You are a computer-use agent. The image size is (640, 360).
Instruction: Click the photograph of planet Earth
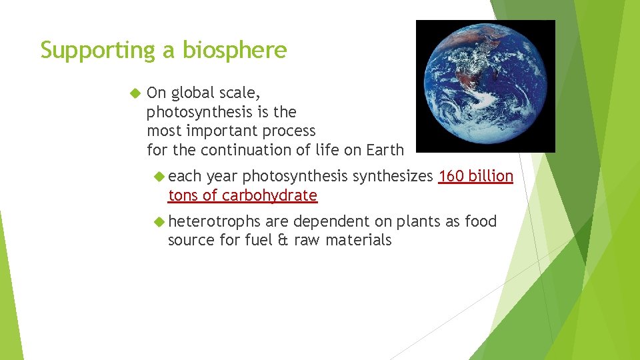(x=485, y=86)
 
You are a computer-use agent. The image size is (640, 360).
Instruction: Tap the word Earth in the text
(x=385, y=150)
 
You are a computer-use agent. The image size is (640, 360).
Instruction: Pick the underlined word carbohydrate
(x=269, y=195)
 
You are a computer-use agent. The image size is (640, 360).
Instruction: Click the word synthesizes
(x=393, y=176)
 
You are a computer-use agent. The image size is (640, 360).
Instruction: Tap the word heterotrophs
(x=214, y=221)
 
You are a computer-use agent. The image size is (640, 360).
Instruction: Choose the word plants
(x=418, y=221)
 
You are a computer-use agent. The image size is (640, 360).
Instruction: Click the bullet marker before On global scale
(x=137, y=93)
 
